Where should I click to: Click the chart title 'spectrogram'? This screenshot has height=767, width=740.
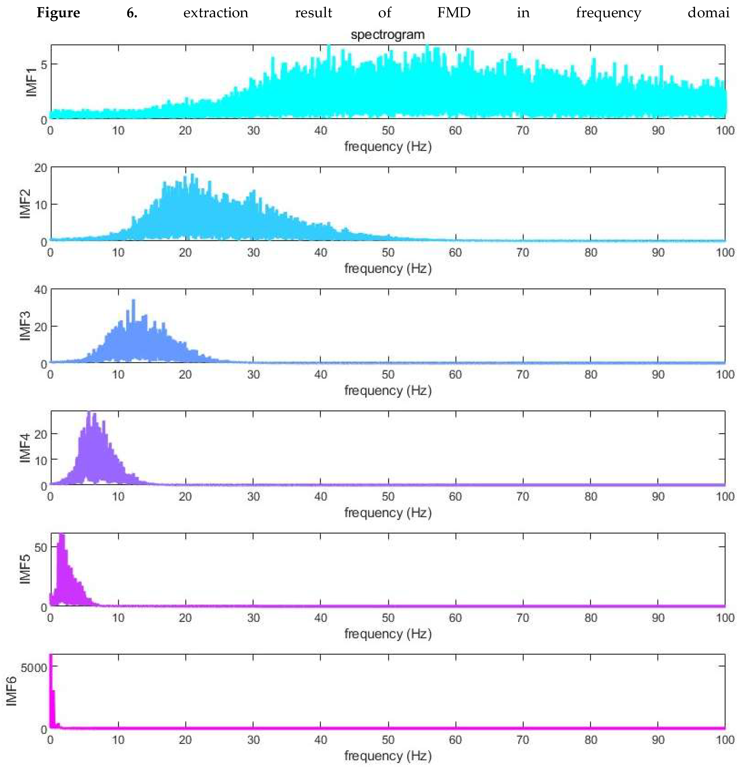click(x=387, y=35)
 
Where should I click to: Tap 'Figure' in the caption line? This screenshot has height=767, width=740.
click(x=58, y=13)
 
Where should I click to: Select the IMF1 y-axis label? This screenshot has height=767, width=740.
click(x=31, y=82)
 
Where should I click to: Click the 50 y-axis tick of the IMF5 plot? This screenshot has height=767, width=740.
click(x=41, y=547)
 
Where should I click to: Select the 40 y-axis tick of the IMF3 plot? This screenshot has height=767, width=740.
click(x=40, y=290)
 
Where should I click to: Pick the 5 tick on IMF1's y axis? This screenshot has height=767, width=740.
click(x=44, y=64)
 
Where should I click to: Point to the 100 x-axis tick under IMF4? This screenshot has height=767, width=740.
click(x=725, y=497)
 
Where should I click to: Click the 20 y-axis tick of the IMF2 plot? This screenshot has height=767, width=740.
click(x=40, y=168)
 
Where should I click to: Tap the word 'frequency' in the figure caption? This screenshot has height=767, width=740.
click(x=608, y=13)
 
